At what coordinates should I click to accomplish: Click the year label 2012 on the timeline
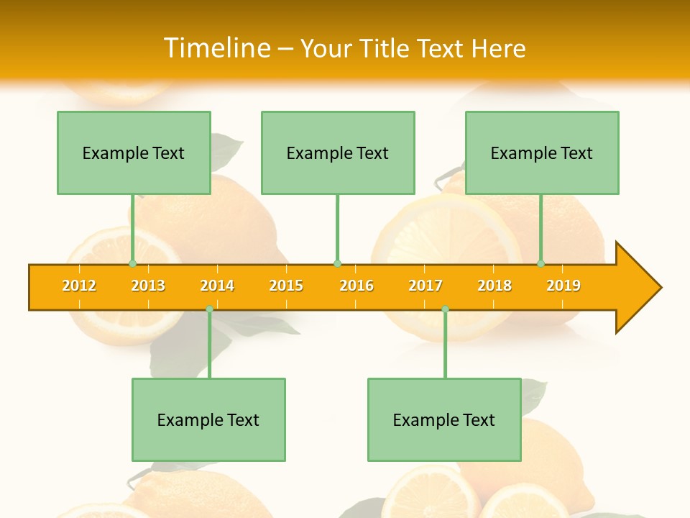click(79, 286)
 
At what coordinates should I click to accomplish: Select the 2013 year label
click(148, 286)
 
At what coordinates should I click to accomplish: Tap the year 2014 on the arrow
click(217, 286)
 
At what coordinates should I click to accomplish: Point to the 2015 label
click(286, 286)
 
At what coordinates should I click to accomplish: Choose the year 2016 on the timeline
click(356, 286)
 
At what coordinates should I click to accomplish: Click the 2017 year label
click(425, 286)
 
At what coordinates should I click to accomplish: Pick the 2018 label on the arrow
click(494, 286)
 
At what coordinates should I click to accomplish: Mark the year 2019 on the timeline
click(563, 286)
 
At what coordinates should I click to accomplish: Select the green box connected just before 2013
click(134, 153)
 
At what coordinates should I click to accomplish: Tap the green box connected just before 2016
click(338, 153)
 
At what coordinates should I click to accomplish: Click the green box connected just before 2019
click(542, 153)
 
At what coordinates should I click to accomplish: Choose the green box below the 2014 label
click(208, 419)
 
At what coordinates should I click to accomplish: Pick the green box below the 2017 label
click(444, 419)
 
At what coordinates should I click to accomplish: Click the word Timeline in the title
click(217, 48)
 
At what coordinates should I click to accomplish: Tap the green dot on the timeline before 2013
click(132, 263)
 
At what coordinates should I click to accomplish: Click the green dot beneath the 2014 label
click(209, 309)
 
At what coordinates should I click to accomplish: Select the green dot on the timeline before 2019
click(540, 263)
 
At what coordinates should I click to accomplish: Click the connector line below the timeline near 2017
click(445, 344)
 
